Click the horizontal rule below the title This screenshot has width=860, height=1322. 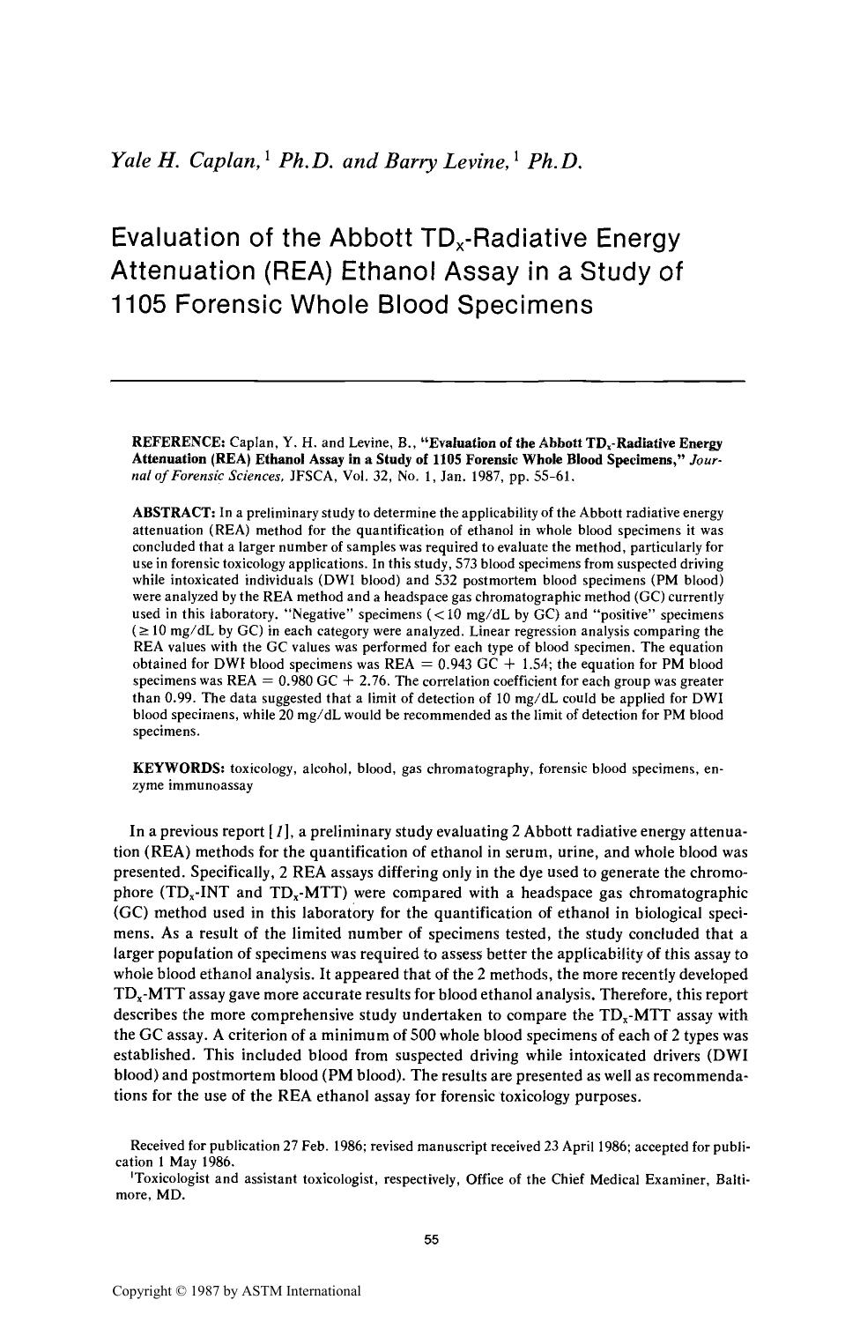click(428, 381)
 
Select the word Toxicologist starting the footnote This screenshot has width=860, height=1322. click(171, 1179)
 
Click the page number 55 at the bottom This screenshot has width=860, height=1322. click(431, 1240)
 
